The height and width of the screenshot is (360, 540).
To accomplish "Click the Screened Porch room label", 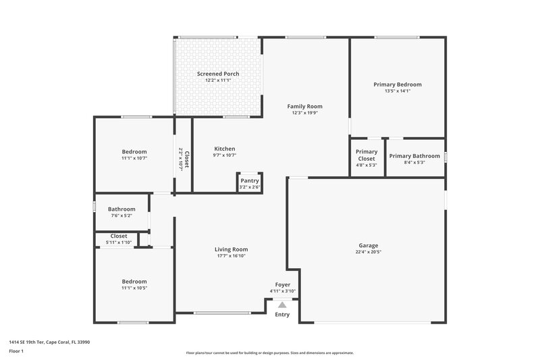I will click(x=218, y=74).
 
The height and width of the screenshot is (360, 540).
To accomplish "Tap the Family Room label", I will click(x=304, y=106).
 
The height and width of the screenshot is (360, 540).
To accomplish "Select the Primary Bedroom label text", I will click(x=398, y=84).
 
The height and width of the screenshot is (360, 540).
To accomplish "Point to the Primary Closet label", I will click(x=367, y=155).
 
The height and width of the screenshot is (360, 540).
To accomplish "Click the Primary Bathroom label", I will click(x=414, y=156).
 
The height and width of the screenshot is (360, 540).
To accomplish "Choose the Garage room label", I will click(x=369, y=245).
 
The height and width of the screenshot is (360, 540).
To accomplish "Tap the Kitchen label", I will click(x=225, y=149).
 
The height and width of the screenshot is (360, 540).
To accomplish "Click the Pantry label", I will click(x=250, y=181).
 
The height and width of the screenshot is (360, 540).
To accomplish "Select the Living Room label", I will click(x=232, y=249).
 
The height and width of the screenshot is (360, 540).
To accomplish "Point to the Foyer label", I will click(x=283, y=285).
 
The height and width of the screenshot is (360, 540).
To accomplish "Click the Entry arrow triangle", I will click(x=282, y=305).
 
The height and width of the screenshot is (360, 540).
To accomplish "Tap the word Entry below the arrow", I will click(x=282, y=314).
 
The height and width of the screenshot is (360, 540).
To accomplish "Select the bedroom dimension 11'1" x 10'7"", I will click(x=134, y=158).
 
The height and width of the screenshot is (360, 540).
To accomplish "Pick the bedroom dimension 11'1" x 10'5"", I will click(x=134, y=288).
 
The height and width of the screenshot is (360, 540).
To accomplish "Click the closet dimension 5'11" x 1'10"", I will click(x=119, y=242).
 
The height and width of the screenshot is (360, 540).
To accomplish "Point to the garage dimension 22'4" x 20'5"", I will click(x=369, y=252).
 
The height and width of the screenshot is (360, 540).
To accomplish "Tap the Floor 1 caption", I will click(x=16, y=351).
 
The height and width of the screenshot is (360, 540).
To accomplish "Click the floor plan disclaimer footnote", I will click(x=270, y=353).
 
